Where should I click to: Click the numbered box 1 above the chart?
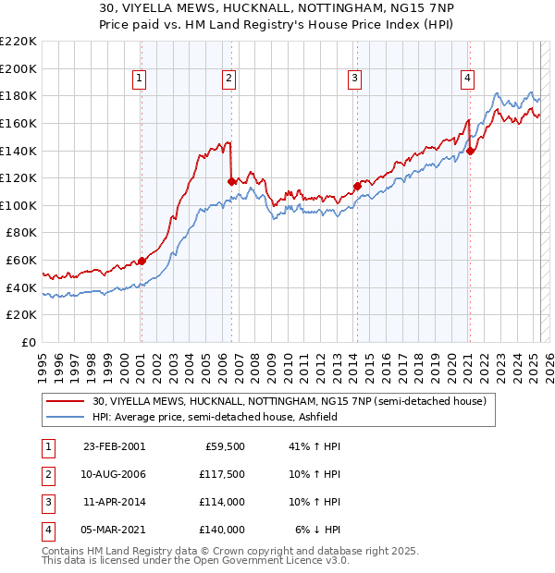click(139, 79)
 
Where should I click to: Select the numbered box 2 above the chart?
click(228, 79)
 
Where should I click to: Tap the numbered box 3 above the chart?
click(354, 79)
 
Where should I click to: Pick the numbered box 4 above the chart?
click(468, 79)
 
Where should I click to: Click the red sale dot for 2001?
click(142, 261)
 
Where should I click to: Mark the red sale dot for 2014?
click(357, 186)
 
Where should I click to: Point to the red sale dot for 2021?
click(470, 151)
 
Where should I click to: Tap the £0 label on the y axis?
click(27, 342)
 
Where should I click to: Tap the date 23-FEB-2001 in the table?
click(114, 446)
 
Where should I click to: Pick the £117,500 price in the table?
click(220, 474)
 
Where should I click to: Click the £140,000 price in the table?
click(220, 530)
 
